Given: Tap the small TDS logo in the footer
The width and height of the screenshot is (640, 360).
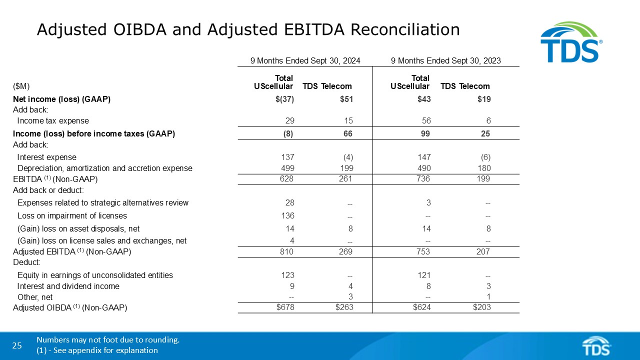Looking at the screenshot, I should [596, 345].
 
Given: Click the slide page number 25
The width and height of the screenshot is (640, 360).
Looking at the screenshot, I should [17, 345].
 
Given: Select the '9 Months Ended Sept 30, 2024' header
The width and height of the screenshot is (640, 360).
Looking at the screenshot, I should [305, 60].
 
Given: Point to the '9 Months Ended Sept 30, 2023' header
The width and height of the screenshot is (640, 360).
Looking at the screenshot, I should [446, 60].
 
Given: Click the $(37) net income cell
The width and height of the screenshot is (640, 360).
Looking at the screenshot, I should [285, 99].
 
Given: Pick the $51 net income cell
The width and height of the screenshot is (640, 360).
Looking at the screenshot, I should [346, 99].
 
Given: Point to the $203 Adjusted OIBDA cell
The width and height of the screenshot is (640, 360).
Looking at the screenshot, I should [481, 307].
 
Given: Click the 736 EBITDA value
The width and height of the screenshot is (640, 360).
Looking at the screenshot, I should [423, 179].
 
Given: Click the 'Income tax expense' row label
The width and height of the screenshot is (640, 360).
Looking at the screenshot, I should [53, 120].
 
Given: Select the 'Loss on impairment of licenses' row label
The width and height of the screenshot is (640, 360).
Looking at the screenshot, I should [72, 216].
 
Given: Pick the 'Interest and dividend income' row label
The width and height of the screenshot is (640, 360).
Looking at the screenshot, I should [68, 286].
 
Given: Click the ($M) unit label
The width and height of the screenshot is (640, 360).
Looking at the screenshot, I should [21, 86].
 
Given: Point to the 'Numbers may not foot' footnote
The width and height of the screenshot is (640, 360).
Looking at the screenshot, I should [108, 340].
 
